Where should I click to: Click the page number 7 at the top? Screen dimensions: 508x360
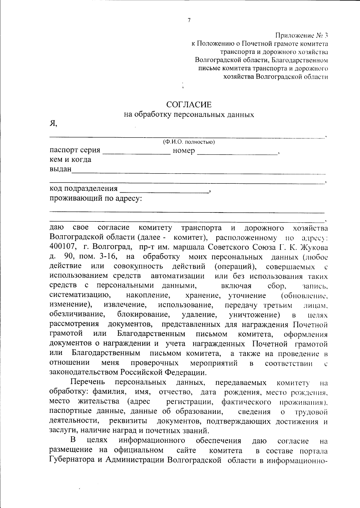(189, 20)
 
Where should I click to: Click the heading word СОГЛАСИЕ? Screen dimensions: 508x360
(189, 105)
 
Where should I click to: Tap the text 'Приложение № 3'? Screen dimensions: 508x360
(301, 36)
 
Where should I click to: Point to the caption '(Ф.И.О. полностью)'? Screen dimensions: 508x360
(189, 142)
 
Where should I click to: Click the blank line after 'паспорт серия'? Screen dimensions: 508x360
(136, 153)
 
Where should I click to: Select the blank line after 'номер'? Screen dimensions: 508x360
(237, 153)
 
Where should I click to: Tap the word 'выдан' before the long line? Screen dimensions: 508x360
(61, 169)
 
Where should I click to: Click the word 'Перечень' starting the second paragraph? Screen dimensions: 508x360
(88, 382)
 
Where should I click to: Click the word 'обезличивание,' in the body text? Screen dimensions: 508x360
(77, 315)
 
